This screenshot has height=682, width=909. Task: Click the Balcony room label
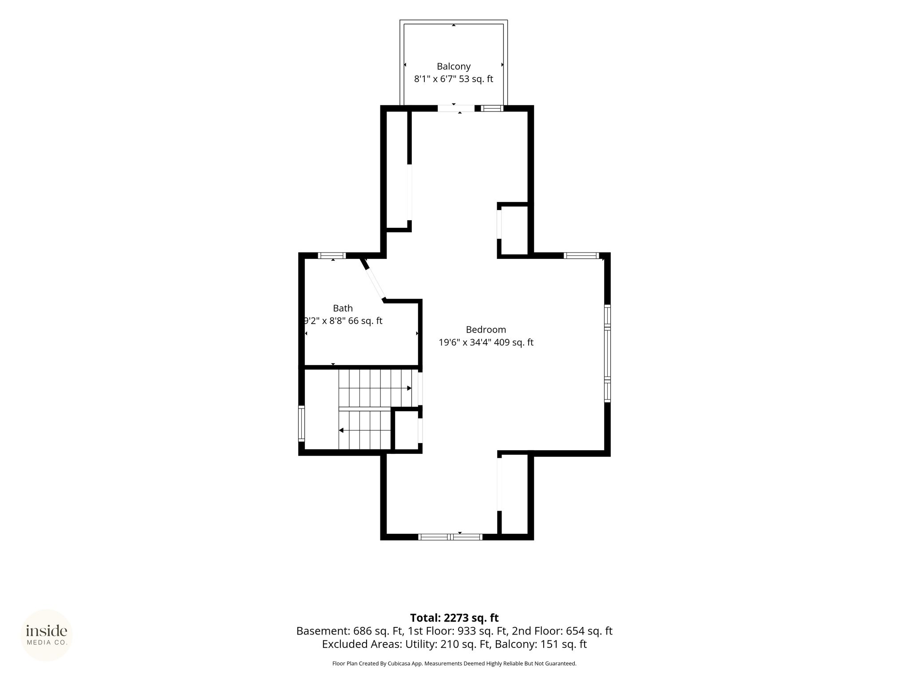click(x=453, y=67)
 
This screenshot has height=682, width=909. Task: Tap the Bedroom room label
click(x=486, y=329)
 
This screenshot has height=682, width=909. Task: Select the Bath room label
click(x=343, y=308)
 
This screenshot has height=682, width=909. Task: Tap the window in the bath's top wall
click(x=332, y=255)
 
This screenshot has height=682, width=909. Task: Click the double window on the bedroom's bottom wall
click(x=451, y=537)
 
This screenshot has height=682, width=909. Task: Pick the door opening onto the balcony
click(x=456, y=108)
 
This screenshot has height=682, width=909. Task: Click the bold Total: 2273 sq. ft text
click(x=454, y=618)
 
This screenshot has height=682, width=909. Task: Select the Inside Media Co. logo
click(x=47, y=635)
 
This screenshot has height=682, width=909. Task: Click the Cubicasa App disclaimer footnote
click(x=454, y=663)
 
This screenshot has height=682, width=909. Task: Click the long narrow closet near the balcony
click(x=397, y=170)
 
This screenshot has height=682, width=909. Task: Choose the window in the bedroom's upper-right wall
click(x=581, y=255)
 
